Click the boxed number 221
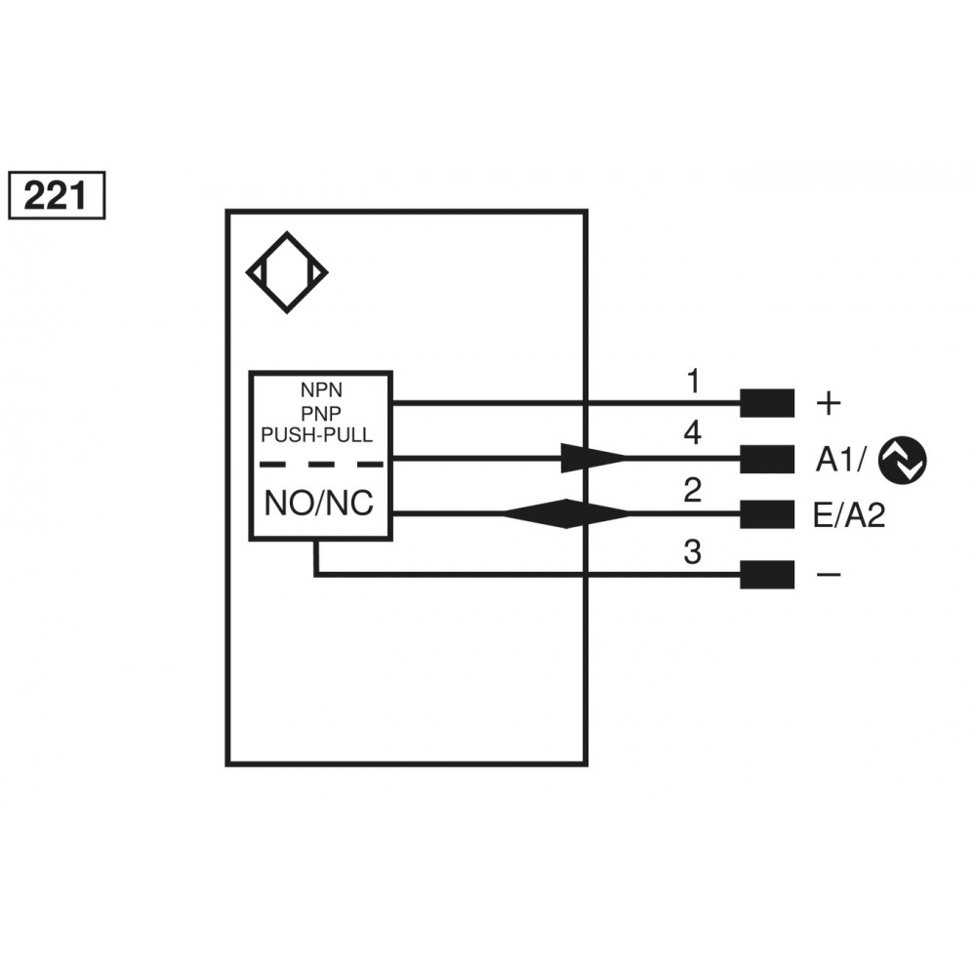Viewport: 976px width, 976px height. pos(56,196)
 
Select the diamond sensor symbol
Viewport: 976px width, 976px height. pos(287,272)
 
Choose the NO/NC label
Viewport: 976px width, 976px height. pos(320,504)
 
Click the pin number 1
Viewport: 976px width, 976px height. pos(692,381)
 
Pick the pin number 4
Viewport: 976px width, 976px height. pos(692,433)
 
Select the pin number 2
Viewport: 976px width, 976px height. pos(692,490)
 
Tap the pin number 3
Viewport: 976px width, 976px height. pos(692,552)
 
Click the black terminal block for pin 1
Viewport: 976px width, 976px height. pos(766,402)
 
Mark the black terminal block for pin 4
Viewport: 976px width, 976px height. pos(766,459)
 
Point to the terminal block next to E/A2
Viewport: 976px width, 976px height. pos(766,514)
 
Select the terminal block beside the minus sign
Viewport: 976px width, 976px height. pos(766,575)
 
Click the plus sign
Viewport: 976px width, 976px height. pos(827,402)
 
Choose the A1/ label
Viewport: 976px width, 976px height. pos(840,460)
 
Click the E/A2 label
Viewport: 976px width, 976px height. pos(848,515)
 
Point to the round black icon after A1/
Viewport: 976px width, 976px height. pos(902,460)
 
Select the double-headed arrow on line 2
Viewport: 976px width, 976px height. pos(565,513)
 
